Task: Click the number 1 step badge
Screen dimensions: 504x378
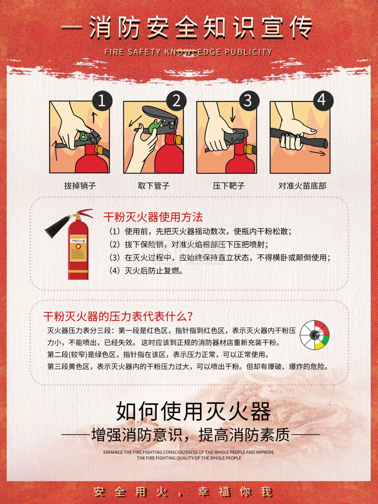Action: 102,100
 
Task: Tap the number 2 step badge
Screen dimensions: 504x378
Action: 176,100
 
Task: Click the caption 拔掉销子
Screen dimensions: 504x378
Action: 80,186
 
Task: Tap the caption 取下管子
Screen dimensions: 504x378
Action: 154,186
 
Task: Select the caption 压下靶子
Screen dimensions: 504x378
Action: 228,186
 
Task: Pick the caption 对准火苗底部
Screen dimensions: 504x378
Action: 302,186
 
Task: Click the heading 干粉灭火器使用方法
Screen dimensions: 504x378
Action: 153,217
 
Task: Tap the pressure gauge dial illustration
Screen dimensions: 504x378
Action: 315,335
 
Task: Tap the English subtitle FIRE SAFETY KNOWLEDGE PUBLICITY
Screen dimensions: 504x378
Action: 188,52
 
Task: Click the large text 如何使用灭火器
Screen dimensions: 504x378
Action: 193,411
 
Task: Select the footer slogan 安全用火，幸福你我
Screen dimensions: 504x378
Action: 183,492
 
